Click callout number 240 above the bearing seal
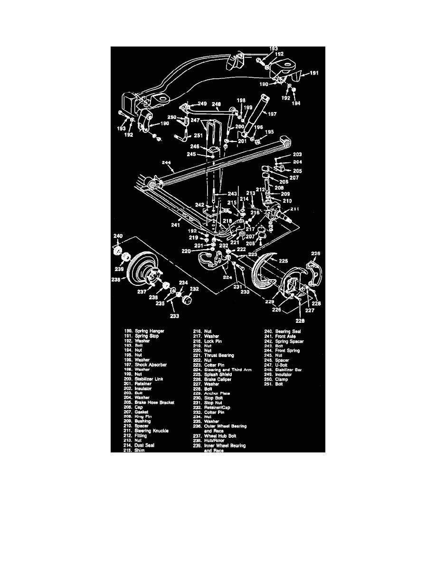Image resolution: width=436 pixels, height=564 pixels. pyautogui.click(x=117, y=235)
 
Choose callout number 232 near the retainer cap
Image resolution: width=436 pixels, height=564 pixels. pyautogui.click(x=194, y=288)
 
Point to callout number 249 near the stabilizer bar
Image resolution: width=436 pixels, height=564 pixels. pyautogui.click(x=202, y=103)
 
